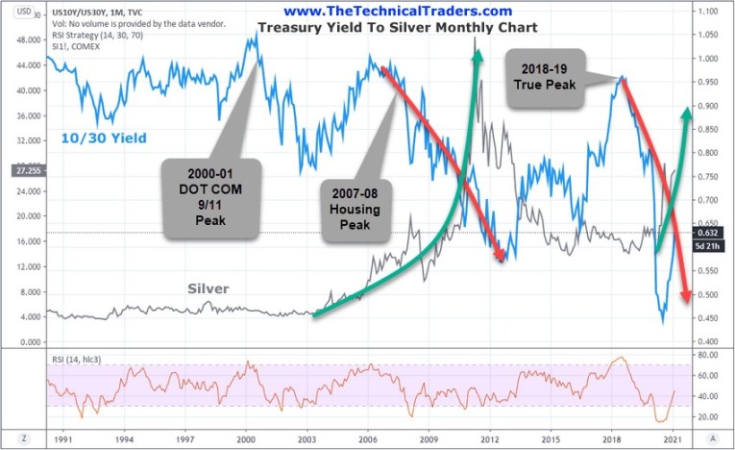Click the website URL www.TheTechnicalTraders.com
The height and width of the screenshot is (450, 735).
tap(384, 11)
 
